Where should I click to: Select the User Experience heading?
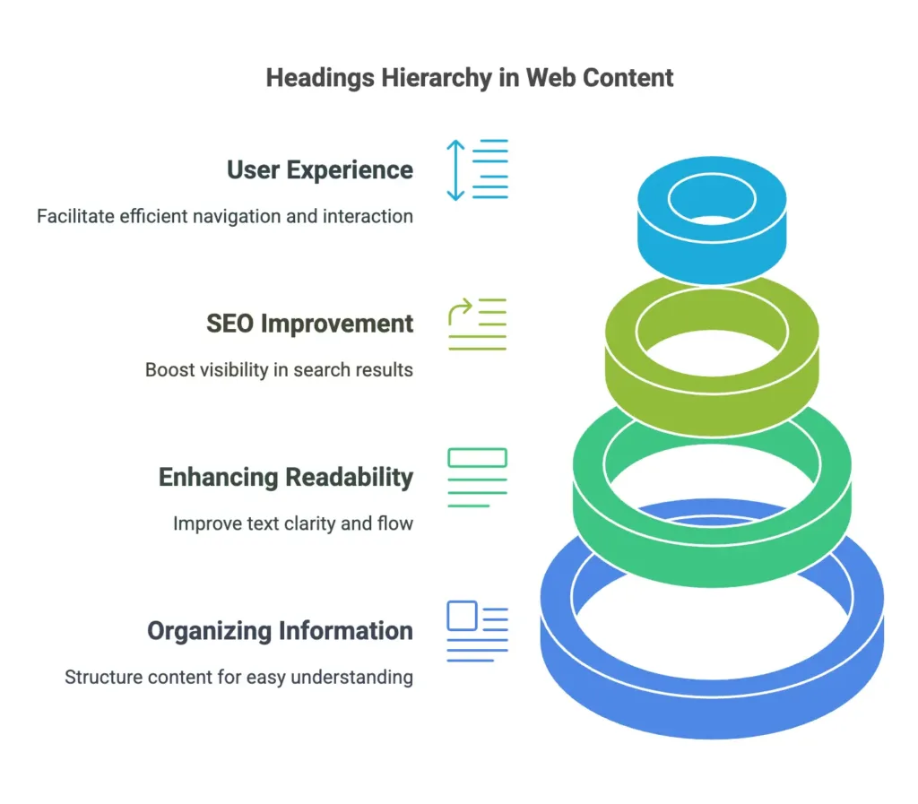[319, 169]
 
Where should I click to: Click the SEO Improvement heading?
[309, 323]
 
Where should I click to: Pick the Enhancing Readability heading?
[285, 477]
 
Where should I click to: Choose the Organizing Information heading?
[280, 631]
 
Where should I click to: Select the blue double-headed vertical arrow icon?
[456, 169]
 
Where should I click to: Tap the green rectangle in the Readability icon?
[477, 458]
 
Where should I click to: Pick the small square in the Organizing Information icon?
[461, 616]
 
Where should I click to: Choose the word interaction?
[369, 216]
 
